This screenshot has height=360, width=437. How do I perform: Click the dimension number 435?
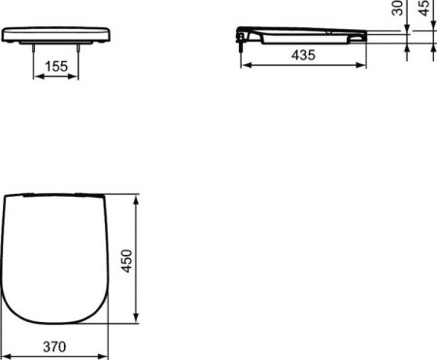(304, 56)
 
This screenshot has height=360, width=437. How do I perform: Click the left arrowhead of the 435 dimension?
(244, 66)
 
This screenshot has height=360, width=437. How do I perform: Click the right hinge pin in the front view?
(73, 47)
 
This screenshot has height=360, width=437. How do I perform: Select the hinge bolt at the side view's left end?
(239, 37)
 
